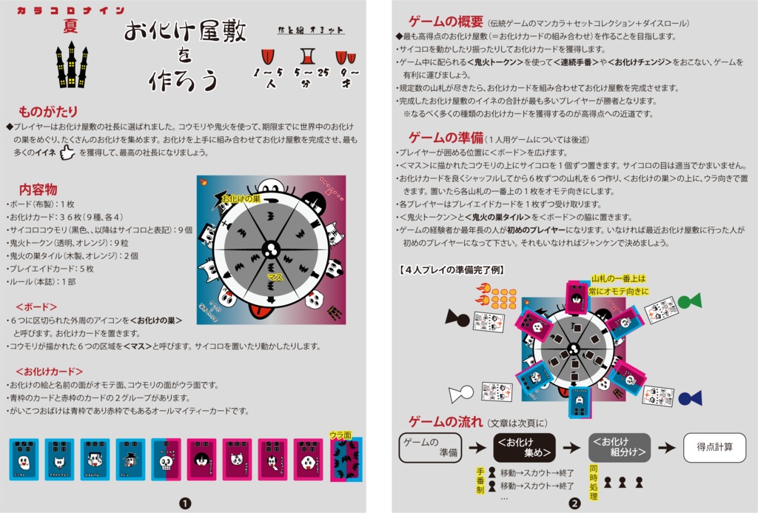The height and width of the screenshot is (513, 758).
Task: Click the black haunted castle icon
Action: point(72,64)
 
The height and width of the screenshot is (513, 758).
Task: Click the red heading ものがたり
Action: point(47,112)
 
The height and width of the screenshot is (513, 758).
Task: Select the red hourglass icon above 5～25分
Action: point(305,56)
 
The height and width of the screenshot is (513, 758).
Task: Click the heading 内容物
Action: point(38,190)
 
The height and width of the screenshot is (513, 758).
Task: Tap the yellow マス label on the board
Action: point(275,276)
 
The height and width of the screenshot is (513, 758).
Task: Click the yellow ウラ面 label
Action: point(340,435)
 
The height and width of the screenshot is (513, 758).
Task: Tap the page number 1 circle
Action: point(184,503)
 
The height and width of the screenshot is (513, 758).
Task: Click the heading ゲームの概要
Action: point(446,21)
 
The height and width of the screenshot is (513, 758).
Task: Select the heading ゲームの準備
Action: point(446,138)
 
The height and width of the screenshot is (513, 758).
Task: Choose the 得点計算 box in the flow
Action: point(714,447)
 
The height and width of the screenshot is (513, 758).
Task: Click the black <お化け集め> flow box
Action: point(524,448)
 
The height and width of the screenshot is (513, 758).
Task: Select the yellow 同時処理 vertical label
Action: point(594,482)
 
